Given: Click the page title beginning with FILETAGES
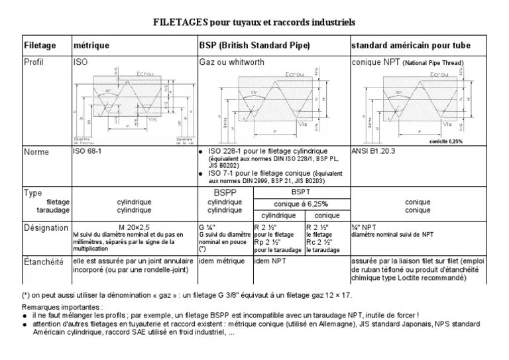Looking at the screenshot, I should point(254,23).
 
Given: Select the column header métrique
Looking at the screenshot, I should point(91,46).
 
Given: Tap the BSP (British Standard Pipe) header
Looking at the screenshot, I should point(255,46).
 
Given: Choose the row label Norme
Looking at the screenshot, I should point(36,152).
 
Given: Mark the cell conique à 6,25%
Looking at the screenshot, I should point(301,204).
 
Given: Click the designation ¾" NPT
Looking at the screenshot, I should point(365,227).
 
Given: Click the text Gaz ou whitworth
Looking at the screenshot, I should point(231,62).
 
